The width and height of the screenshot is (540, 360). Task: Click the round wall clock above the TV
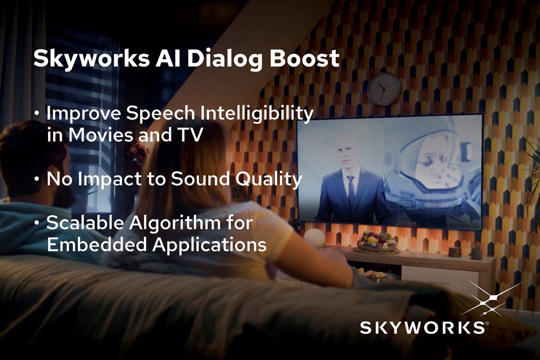(x=383, y=89)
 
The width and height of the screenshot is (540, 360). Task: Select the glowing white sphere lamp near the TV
(x=314, y=238)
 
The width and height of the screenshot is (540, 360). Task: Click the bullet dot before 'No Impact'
(x=37, y=179)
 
